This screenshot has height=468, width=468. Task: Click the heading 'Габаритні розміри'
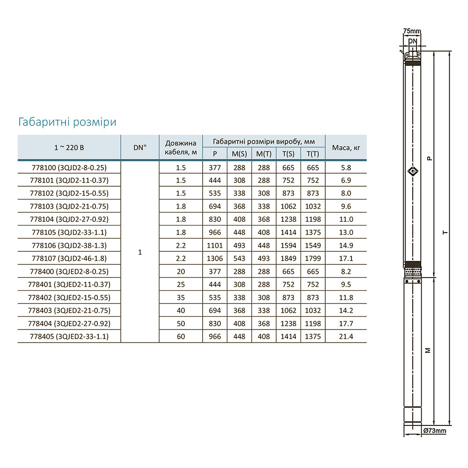(67, 122)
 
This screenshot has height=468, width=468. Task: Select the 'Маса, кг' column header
(346, 147)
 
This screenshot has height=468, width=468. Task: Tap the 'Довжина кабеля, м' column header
(181, 147)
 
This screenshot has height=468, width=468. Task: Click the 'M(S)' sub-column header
(239, 154)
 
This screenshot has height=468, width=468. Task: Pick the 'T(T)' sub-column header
(313, 154)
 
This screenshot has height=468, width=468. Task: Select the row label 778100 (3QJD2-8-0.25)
(69, 168)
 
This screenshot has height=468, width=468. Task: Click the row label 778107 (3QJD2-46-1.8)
(69, 258)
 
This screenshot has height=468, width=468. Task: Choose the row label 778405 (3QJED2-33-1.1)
(69, 336)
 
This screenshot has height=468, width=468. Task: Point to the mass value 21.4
(346, 336)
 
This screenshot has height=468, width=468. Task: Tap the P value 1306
(215, 258)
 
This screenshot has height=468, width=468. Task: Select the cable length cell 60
(181, 336)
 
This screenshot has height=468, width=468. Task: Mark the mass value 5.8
(346, 168)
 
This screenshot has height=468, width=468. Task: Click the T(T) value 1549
(313, 245)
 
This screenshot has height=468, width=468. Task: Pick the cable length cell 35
(181, 297)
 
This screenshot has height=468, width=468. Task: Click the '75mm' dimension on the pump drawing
(412, 31)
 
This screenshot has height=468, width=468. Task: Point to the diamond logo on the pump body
(413, 171)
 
